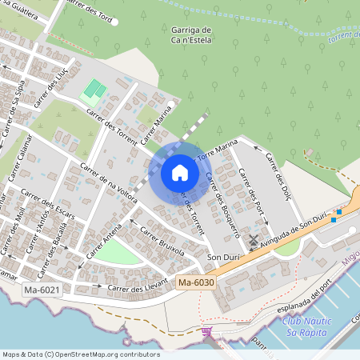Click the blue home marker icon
[180, 173]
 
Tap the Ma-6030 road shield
[196, 282]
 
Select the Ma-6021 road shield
[42, 289]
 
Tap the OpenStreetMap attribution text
[80, 354]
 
